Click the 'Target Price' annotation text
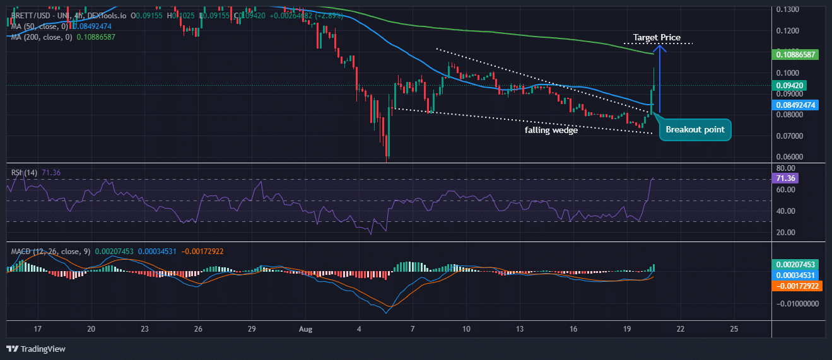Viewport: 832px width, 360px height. coord(657,38)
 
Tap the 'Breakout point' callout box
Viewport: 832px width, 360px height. coord(694,130)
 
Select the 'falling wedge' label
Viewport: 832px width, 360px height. coord(551,130)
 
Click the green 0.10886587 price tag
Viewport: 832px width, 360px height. coord(798,55)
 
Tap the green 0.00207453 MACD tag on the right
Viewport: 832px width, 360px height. coord(798,265)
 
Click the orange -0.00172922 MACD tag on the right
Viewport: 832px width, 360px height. coord(798,286)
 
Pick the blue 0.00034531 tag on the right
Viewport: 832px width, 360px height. coord(798,275)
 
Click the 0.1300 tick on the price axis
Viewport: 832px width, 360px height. coord(788,9)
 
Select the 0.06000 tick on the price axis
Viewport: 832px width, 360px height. coord(789,157)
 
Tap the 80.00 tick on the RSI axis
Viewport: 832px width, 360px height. coord(785,168)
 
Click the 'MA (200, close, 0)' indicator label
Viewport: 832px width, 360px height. coord(37,37)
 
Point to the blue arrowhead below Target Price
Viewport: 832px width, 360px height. coord(659,47)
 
